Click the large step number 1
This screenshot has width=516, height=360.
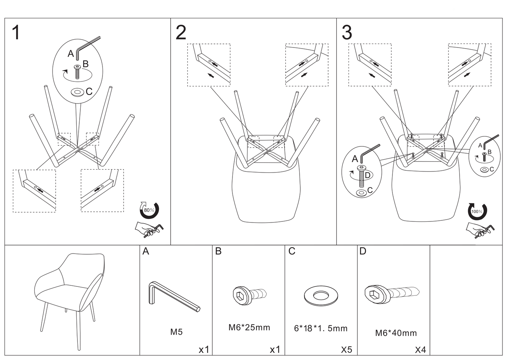pyautogui.click(x=16, y=33)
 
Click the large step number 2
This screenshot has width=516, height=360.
pyautogui.click(x=181, y=33)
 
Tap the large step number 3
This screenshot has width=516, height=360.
pyautogui.click(x=347, y=33)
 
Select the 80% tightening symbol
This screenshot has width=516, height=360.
pyautogui.click(x=149, y=210)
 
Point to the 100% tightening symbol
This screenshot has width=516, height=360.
pyautogui.click(x=477, y=211)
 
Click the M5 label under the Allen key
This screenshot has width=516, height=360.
pyautogui.click(x=176, y=332)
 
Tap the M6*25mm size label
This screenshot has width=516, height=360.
pyautogui.click(x=249, y=327)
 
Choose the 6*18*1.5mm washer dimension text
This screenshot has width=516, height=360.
pyautogui.click(x=321, y=329)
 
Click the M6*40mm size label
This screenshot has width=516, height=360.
pyautogui.click(x=396, y=333)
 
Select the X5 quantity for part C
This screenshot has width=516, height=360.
pyautogui.click(x=346, y=350)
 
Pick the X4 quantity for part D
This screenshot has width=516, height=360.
pyautogui.click(x=420, y=350)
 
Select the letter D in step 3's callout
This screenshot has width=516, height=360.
pyautogui.click(x=367, y=175)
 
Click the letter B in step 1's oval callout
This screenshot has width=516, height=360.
pyautogui.click(x=85, y=64)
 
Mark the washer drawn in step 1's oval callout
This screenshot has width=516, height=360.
pyautogui.click(x=77, y=92)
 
